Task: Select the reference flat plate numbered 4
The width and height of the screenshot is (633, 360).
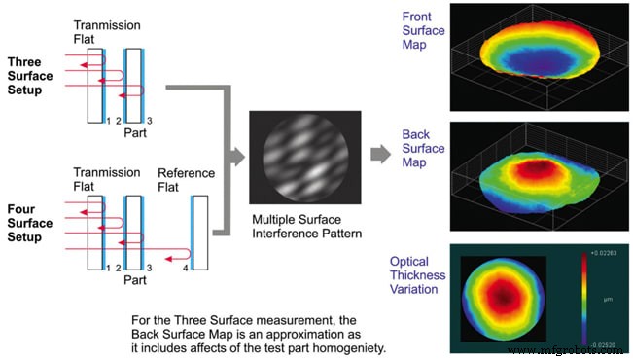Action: [198, 233]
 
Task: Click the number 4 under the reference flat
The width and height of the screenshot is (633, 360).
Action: [185, 276]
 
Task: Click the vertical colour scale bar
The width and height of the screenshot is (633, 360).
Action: [583, 300]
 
